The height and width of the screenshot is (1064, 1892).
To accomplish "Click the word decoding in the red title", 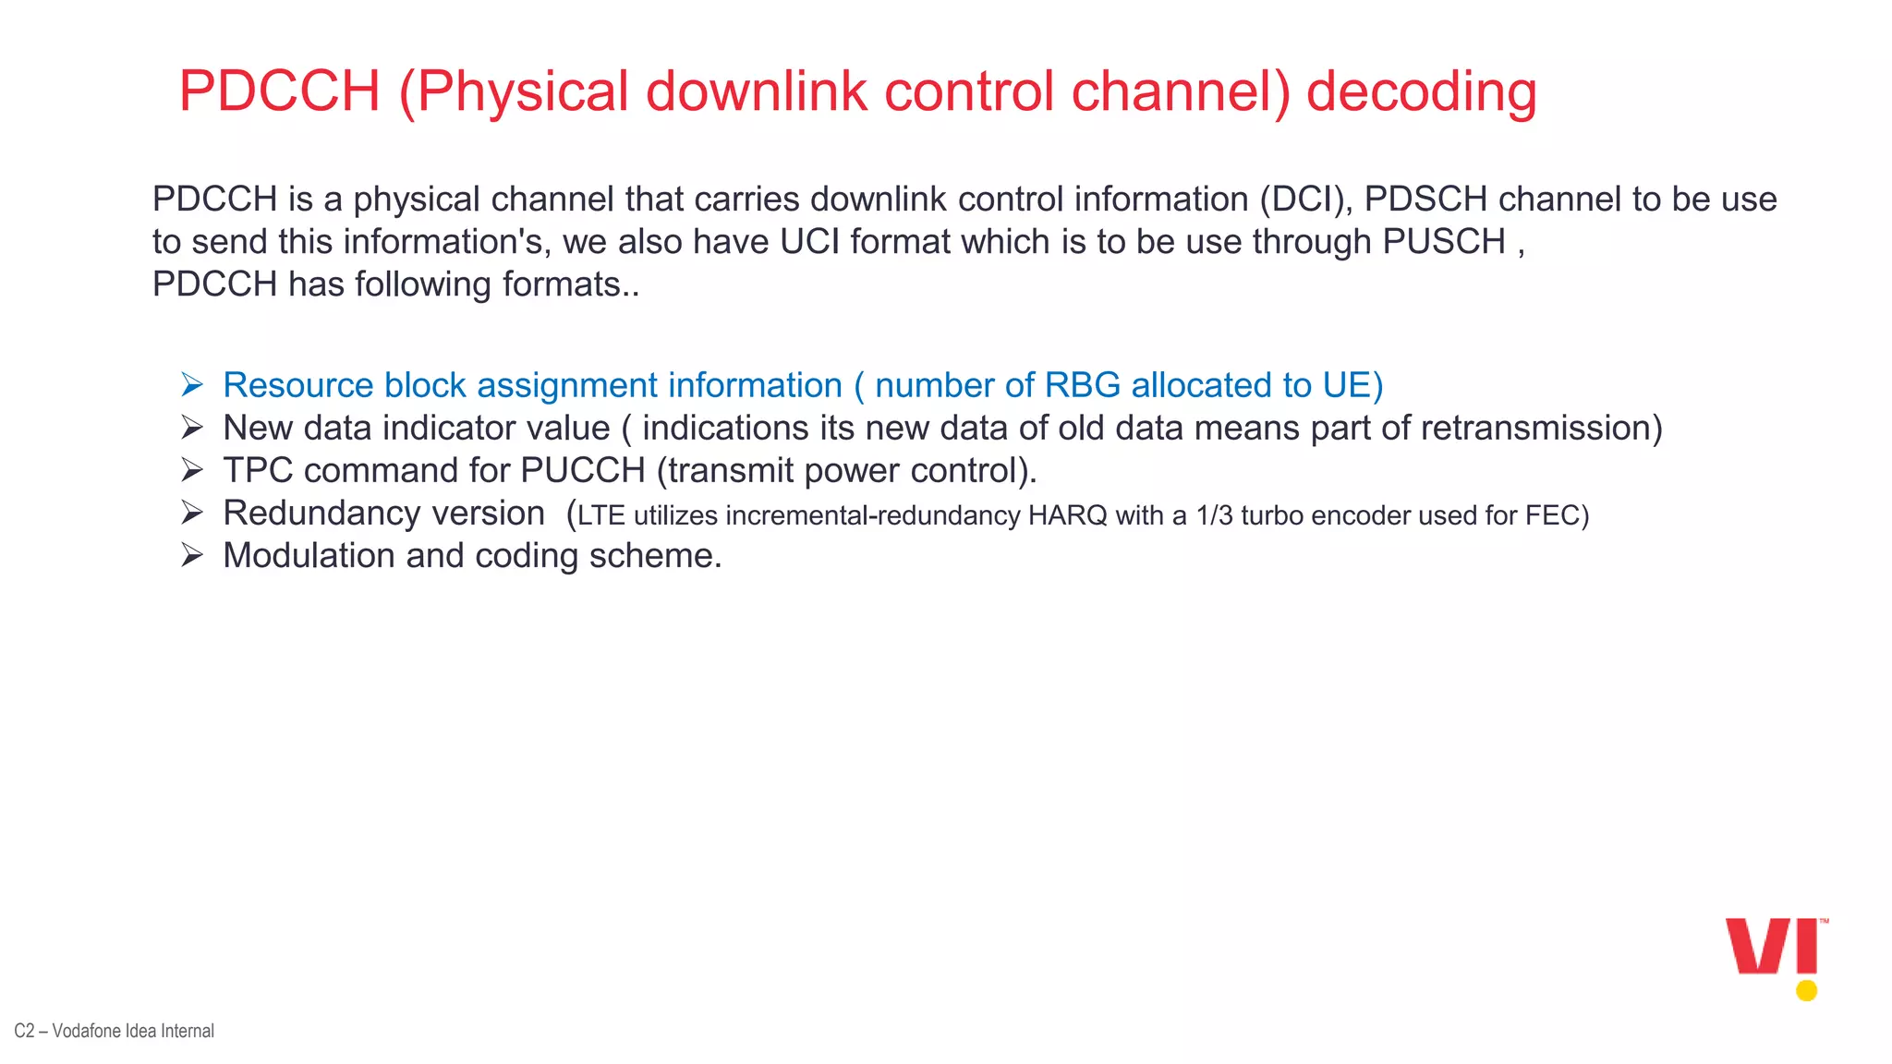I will pyautogui.click(x=1421, y=93).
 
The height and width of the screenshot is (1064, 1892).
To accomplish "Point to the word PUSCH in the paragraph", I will pyautogui.click(x=1444, y=242).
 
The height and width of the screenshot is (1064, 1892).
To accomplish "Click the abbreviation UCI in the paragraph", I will pyautogui.click(x=809, y=242).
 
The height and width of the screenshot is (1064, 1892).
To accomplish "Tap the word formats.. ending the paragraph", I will pyautogui.click(x=571, y=284).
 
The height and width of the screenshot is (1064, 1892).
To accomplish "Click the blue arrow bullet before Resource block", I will pyautogui.click(x=192, y=385).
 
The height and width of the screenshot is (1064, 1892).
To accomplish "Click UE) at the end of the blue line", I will pyautogui.click(x=1352, y=385).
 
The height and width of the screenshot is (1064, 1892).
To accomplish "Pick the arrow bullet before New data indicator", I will pyautogui.click(x=192, y=428).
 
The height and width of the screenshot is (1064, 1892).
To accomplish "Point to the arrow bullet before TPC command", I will pyautogui.click(x=192, y=470).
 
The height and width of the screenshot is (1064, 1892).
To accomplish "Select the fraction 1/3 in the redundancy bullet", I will pyautogui.click(x=1214, y=515).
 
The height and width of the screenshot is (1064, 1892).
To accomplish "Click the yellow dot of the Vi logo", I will pyautogui.click(x=1806, y=991).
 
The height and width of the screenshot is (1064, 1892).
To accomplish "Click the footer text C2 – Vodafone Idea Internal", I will pyautogui.click(x=114, y=1031).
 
